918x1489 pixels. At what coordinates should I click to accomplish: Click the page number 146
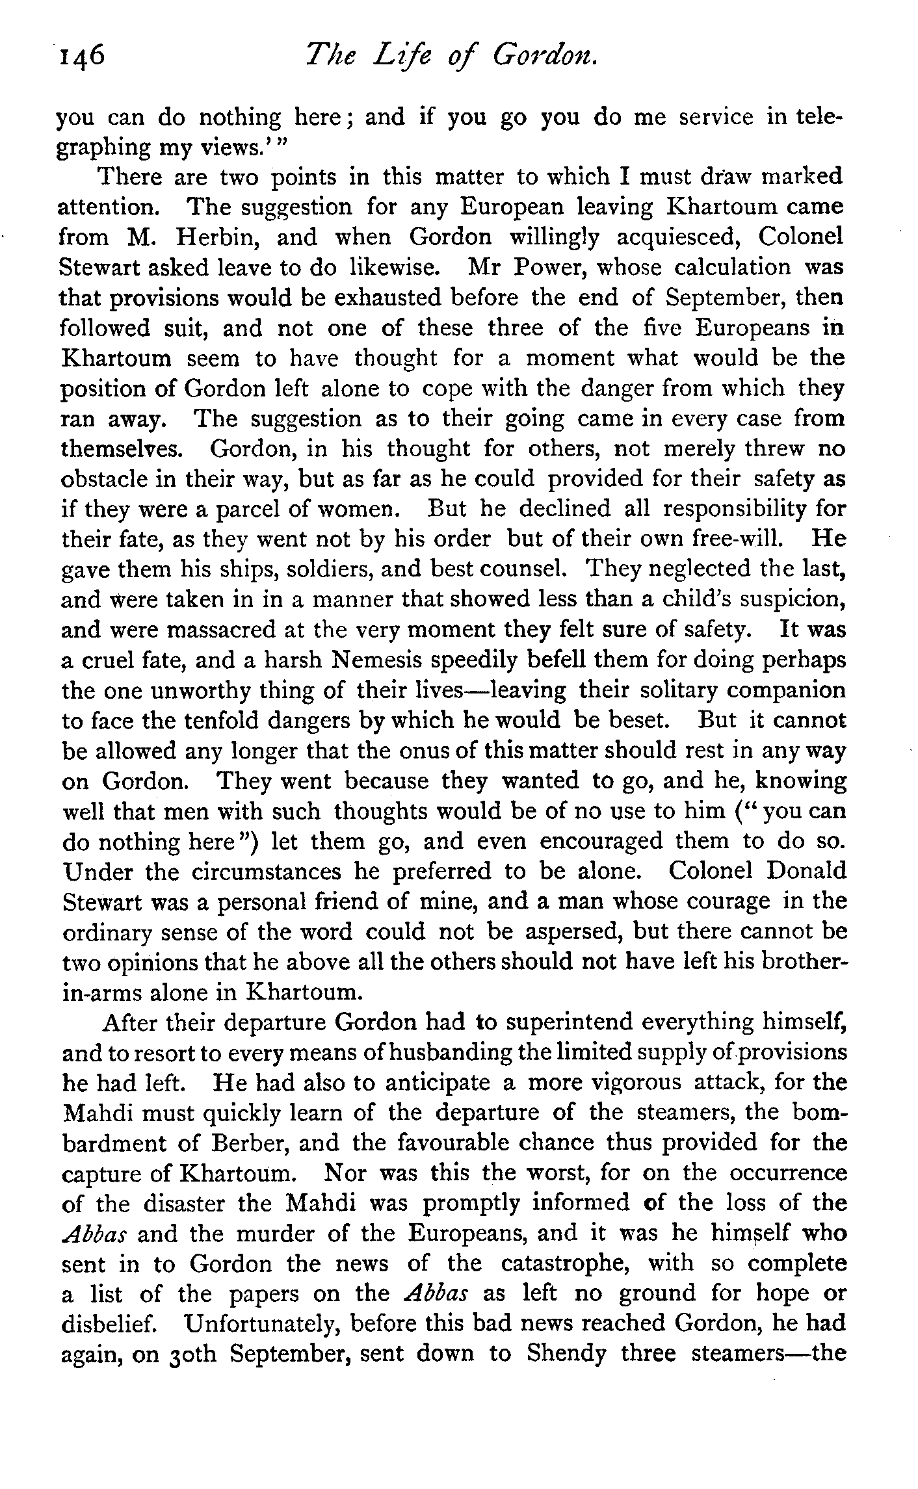pyautogui.click(x=81, y=59)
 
